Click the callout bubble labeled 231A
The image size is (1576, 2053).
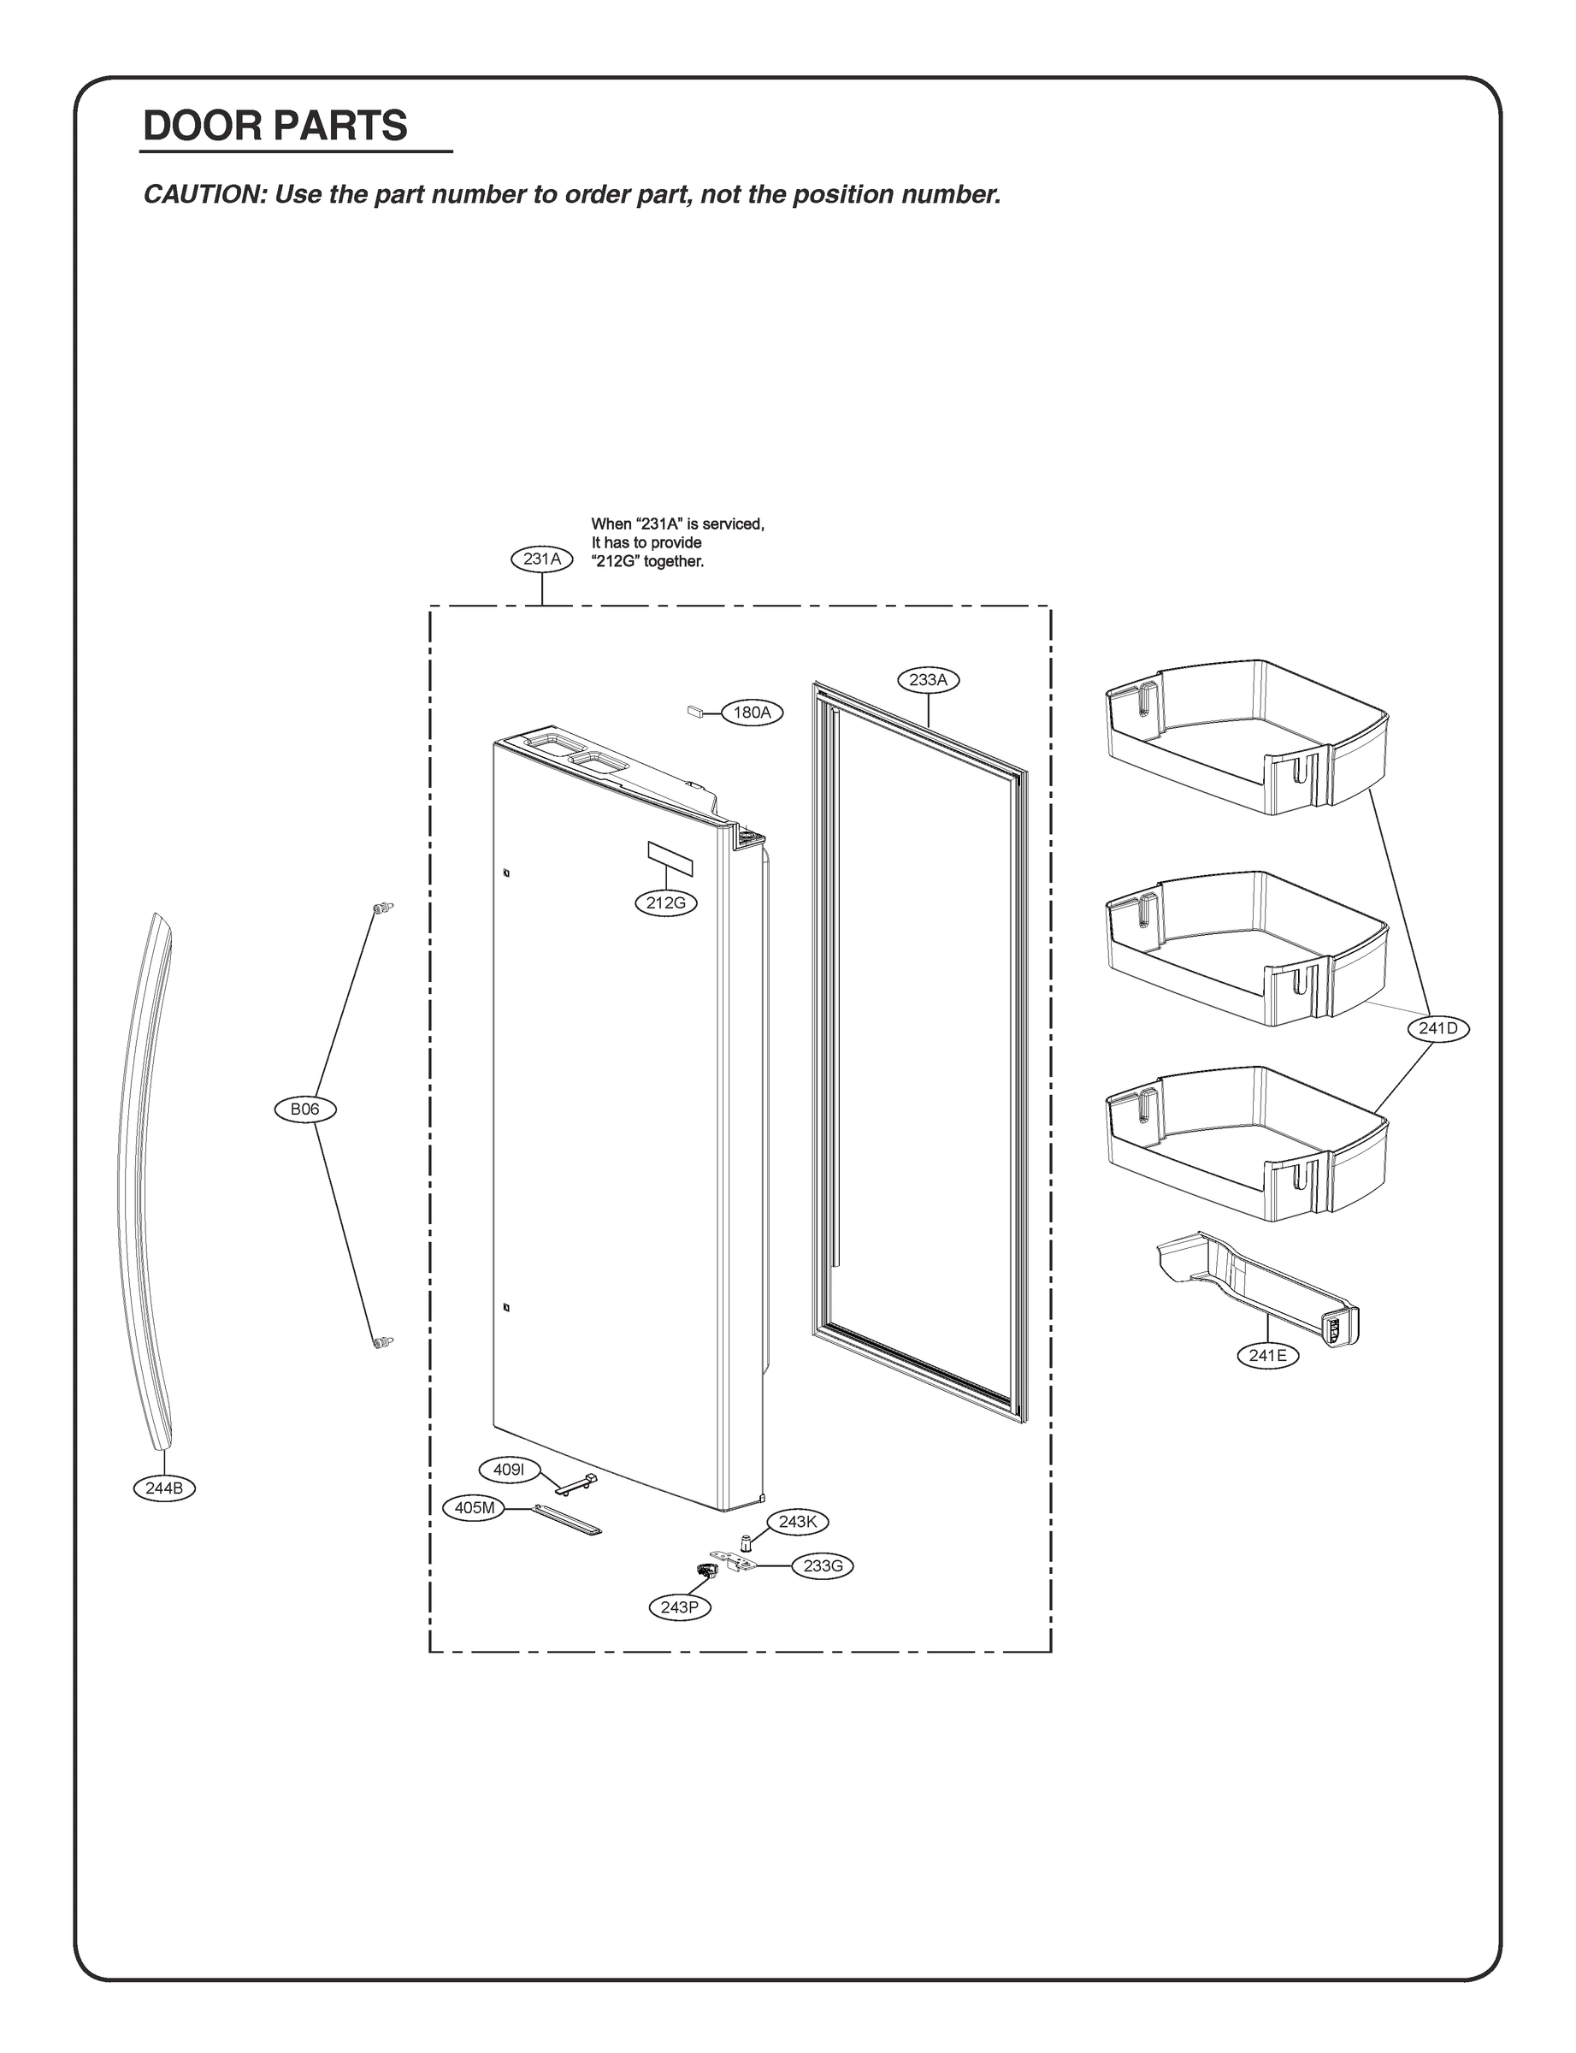click(x=542, y=559)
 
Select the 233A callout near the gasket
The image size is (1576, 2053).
click(x=929, y=679)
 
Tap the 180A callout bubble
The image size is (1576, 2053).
click(x=752, y=713)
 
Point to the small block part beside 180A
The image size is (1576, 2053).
click(x=696, y=711)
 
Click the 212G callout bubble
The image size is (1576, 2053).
click(x=666, y=902)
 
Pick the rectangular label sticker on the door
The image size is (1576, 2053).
click(x=670, y=859)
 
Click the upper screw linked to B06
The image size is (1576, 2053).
click(x=381, y=908)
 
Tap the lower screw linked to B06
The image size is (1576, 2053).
click(x=381, y=1343)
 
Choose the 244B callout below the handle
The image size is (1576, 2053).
click(x=164, y=1488)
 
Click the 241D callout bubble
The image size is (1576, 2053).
click(x=1438, y=1028)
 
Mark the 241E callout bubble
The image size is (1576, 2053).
click(x=1267, y=1355)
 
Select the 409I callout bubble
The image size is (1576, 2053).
click(x=509, y=1470)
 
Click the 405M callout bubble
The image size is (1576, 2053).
click(x=474, y=1508)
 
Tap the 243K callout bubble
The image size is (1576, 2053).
click(x=797, y=1521)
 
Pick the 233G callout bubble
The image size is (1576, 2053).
click(x=823, y=1565)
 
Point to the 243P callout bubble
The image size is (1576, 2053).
click(x=679, y=1607)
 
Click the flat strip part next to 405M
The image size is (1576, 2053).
click(x=568, y=1520)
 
